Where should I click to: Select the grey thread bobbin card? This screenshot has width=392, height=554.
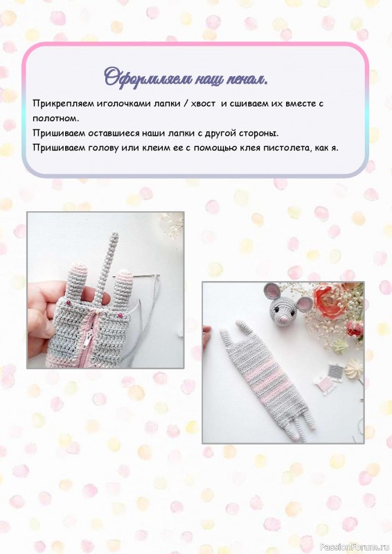pos(334,370)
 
